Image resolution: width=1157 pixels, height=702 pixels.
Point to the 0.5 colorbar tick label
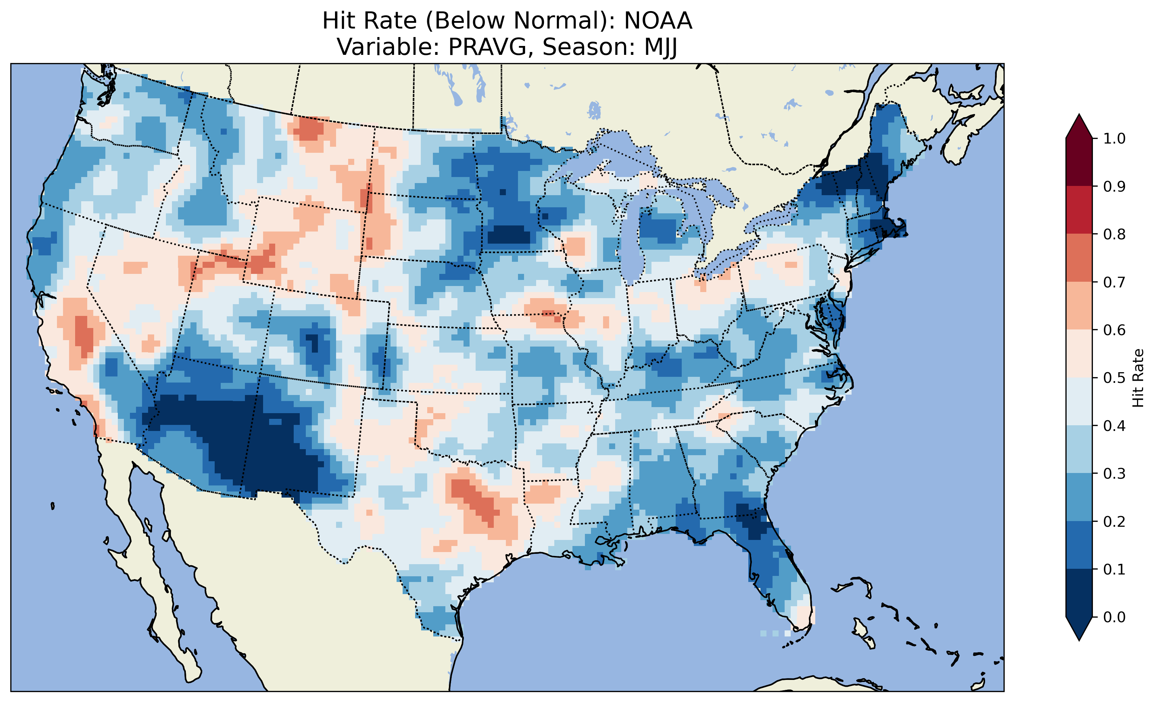1114,378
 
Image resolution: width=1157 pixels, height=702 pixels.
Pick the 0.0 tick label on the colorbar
1114,617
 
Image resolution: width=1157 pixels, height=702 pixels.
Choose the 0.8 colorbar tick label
1114,234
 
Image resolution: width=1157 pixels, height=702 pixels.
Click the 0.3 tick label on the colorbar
1114,474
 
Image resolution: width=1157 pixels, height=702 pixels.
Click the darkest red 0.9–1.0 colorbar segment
1079,162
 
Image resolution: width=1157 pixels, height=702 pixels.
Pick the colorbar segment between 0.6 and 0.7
1079,306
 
